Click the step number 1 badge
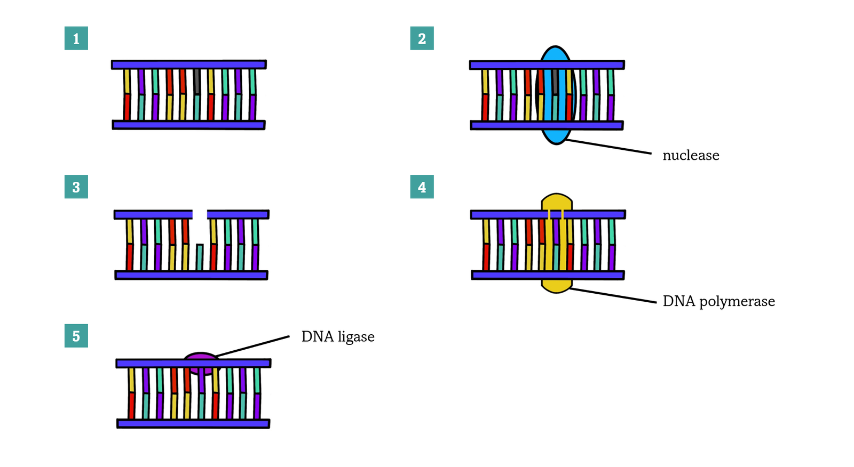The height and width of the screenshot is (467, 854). coord(76,38)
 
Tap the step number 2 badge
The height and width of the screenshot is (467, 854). coord(422,38)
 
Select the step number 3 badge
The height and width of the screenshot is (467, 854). coord(76,187)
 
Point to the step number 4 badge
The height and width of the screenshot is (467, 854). coord(422,187)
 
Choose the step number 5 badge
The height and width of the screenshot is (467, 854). coord(76,336)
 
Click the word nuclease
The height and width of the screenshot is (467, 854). coord(691,156)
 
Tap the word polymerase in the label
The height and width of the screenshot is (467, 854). coord(737,302)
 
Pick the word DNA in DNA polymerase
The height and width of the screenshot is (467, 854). coord(678,301)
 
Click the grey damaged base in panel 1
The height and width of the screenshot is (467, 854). coord(197,81)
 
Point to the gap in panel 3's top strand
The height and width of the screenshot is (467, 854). coord(200,214)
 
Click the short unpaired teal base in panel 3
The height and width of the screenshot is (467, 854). coord(200,257)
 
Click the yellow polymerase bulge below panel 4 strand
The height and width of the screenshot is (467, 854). coord(556,286)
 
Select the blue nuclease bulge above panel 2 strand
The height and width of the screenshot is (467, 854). coord(556,54)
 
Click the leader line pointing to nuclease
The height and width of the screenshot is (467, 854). coord(608,147)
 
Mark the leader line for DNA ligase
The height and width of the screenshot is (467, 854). coord(254,346)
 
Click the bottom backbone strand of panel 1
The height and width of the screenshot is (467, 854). coord(188,125)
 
